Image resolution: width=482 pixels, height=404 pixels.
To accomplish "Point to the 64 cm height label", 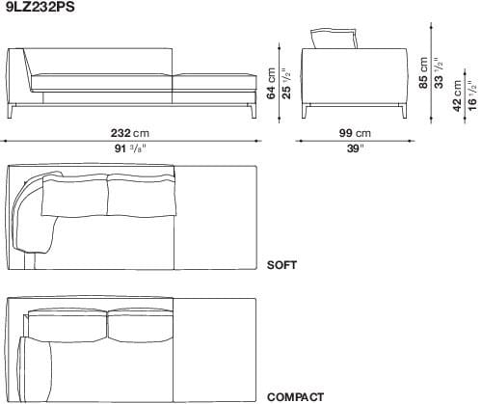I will coord(272,84).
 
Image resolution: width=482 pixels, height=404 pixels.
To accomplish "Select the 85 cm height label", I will coord(425,69).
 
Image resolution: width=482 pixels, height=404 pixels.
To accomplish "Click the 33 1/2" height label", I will coord(439,69).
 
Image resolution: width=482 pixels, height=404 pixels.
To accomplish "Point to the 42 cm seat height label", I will coord(458,97).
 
